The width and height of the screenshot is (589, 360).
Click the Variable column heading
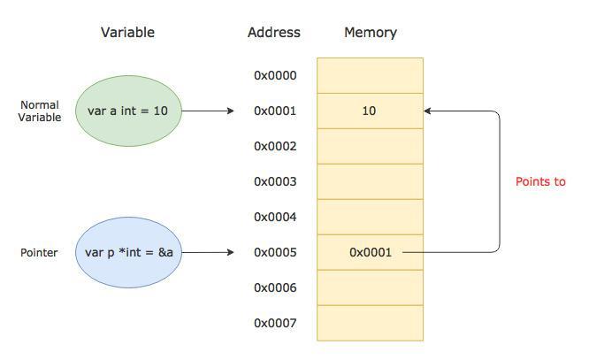(127, 33)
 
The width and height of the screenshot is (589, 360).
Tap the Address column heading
(274, 33)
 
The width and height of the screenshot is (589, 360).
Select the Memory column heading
(371, 33)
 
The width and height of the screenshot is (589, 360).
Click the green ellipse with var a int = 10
(128, 111)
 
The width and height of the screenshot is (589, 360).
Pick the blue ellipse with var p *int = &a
(128, 252)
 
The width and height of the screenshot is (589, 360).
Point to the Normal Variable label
(40, 111)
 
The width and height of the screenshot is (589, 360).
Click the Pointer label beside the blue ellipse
(39, 252)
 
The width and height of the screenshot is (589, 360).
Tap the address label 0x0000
(275, 75)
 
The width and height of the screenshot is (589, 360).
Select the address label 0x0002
(275, 146)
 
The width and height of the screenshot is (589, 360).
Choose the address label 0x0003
(275, 181)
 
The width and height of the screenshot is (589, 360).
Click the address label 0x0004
(275, 217)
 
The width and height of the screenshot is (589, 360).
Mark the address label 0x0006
(275, 287)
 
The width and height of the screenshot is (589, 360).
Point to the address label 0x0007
(275, 323)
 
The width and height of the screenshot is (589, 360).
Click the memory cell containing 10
(370, 111)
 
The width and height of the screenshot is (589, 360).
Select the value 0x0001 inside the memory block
(371, 252)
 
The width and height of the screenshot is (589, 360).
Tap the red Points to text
(540, 182)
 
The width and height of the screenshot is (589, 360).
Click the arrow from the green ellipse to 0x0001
(208, 111)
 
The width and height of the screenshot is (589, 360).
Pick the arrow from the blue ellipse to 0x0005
(208, 252)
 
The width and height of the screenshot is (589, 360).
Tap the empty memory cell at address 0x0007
(370, 323)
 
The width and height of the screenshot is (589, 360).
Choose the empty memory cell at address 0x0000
(370, 75)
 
